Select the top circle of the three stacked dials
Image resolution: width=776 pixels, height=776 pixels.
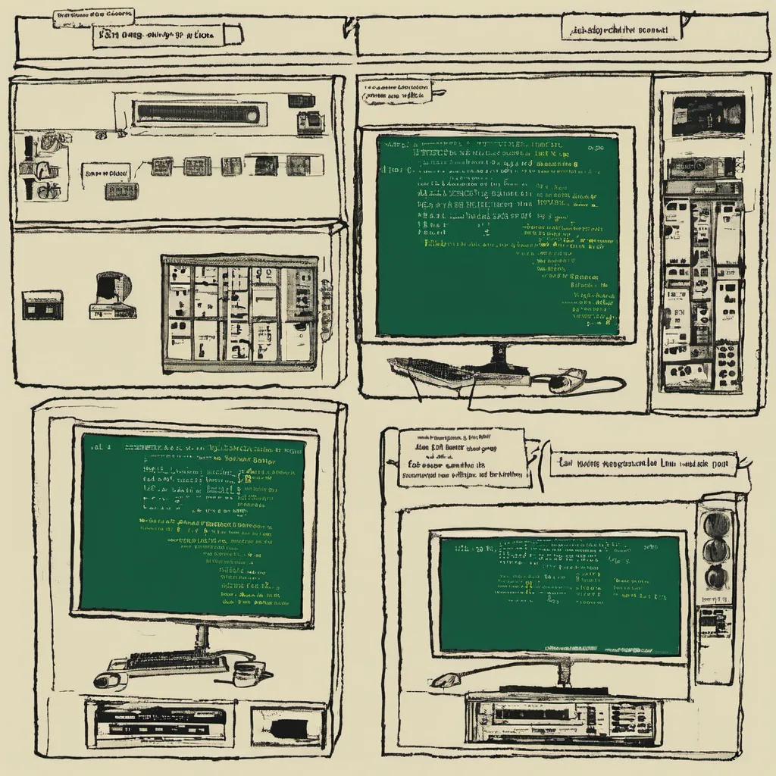[716, 524]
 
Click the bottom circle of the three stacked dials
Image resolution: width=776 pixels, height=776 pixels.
[716, 577]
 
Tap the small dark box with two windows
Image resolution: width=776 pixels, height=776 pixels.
[42, 304]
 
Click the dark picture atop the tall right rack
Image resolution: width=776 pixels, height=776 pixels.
[707, 114]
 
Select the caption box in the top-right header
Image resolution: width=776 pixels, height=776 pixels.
[621, 28]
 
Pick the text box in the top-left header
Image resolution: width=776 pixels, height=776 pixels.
[167, 33]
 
